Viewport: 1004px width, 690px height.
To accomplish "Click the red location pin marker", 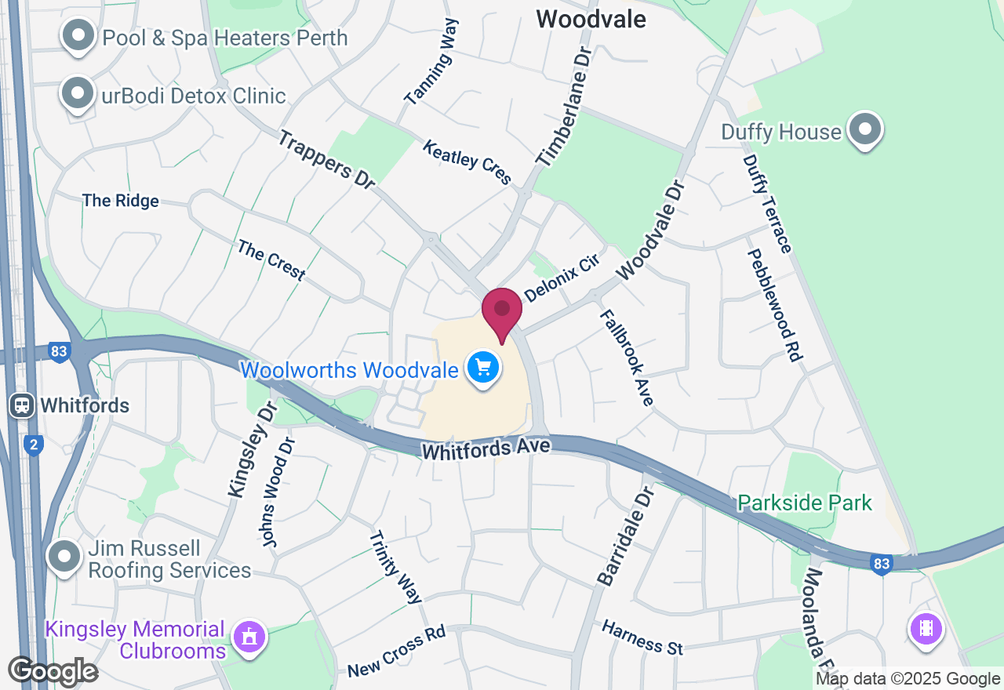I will [x=502, y=312].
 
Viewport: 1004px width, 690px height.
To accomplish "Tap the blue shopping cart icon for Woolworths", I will [x=483, y=367].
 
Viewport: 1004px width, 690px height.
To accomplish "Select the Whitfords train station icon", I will [x=22, y=405].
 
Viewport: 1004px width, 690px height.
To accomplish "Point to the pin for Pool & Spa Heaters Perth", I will [x=78, y=35].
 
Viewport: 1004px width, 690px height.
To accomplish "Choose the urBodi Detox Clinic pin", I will [x=78, y=93].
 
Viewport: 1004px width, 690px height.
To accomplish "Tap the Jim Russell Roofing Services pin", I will [x=64, y=557].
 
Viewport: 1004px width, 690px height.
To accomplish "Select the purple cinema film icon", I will [x=926, y=628].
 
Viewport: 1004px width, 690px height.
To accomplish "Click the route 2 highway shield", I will [x=33, y=445].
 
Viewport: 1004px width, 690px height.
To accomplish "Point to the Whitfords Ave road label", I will [x=486, y=449].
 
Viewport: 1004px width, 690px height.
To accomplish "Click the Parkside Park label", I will [x=805, y=503].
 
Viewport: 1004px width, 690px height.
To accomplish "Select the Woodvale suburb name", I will [x=591, y=19].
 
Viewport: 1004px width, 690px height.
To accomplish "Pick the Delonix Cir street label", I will [x=561, y=278].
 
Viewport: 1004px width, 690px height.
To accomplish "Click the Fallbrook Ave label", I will [x=627, y=358].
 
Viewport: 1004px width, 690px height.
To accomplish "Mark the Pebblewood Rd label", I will [x=775, y=304].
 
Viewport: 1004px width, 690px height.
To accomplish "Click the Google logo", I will [x=53, y=671].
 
